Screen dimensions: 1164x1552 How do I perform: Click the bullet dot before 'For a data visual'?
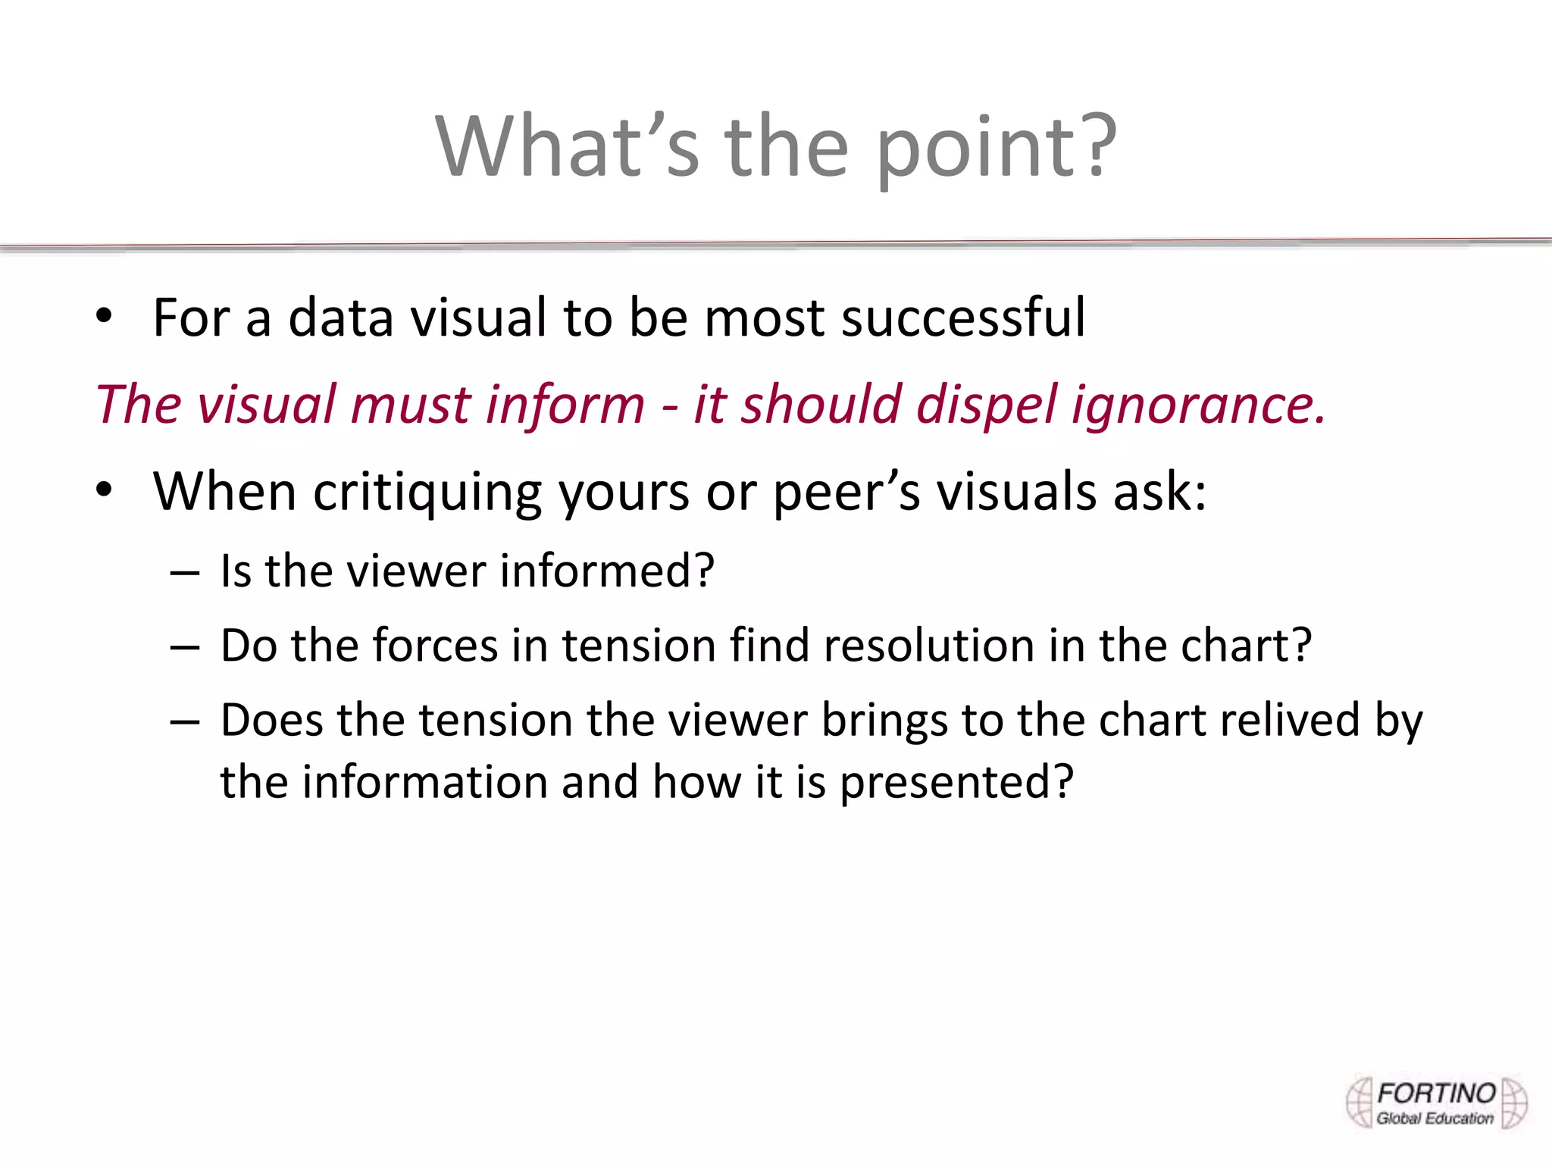tap(104, 317)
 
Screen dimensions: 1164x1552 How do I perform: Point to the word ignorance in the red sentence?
tap(1197, 405)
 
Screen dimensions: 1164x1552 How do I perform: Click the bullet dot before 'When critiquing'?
tap(104, 490)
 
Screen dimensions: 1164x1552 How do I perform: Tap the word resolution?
tap(929, 646)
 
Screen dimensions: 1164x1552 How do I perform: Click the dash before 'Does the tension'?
tap(185, 721)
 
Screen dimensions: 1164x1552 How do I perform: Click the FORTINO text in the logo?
tap(1435, 1094)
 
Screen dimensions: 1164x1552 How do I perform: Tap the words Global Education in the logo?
tap(1435, 1119)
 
